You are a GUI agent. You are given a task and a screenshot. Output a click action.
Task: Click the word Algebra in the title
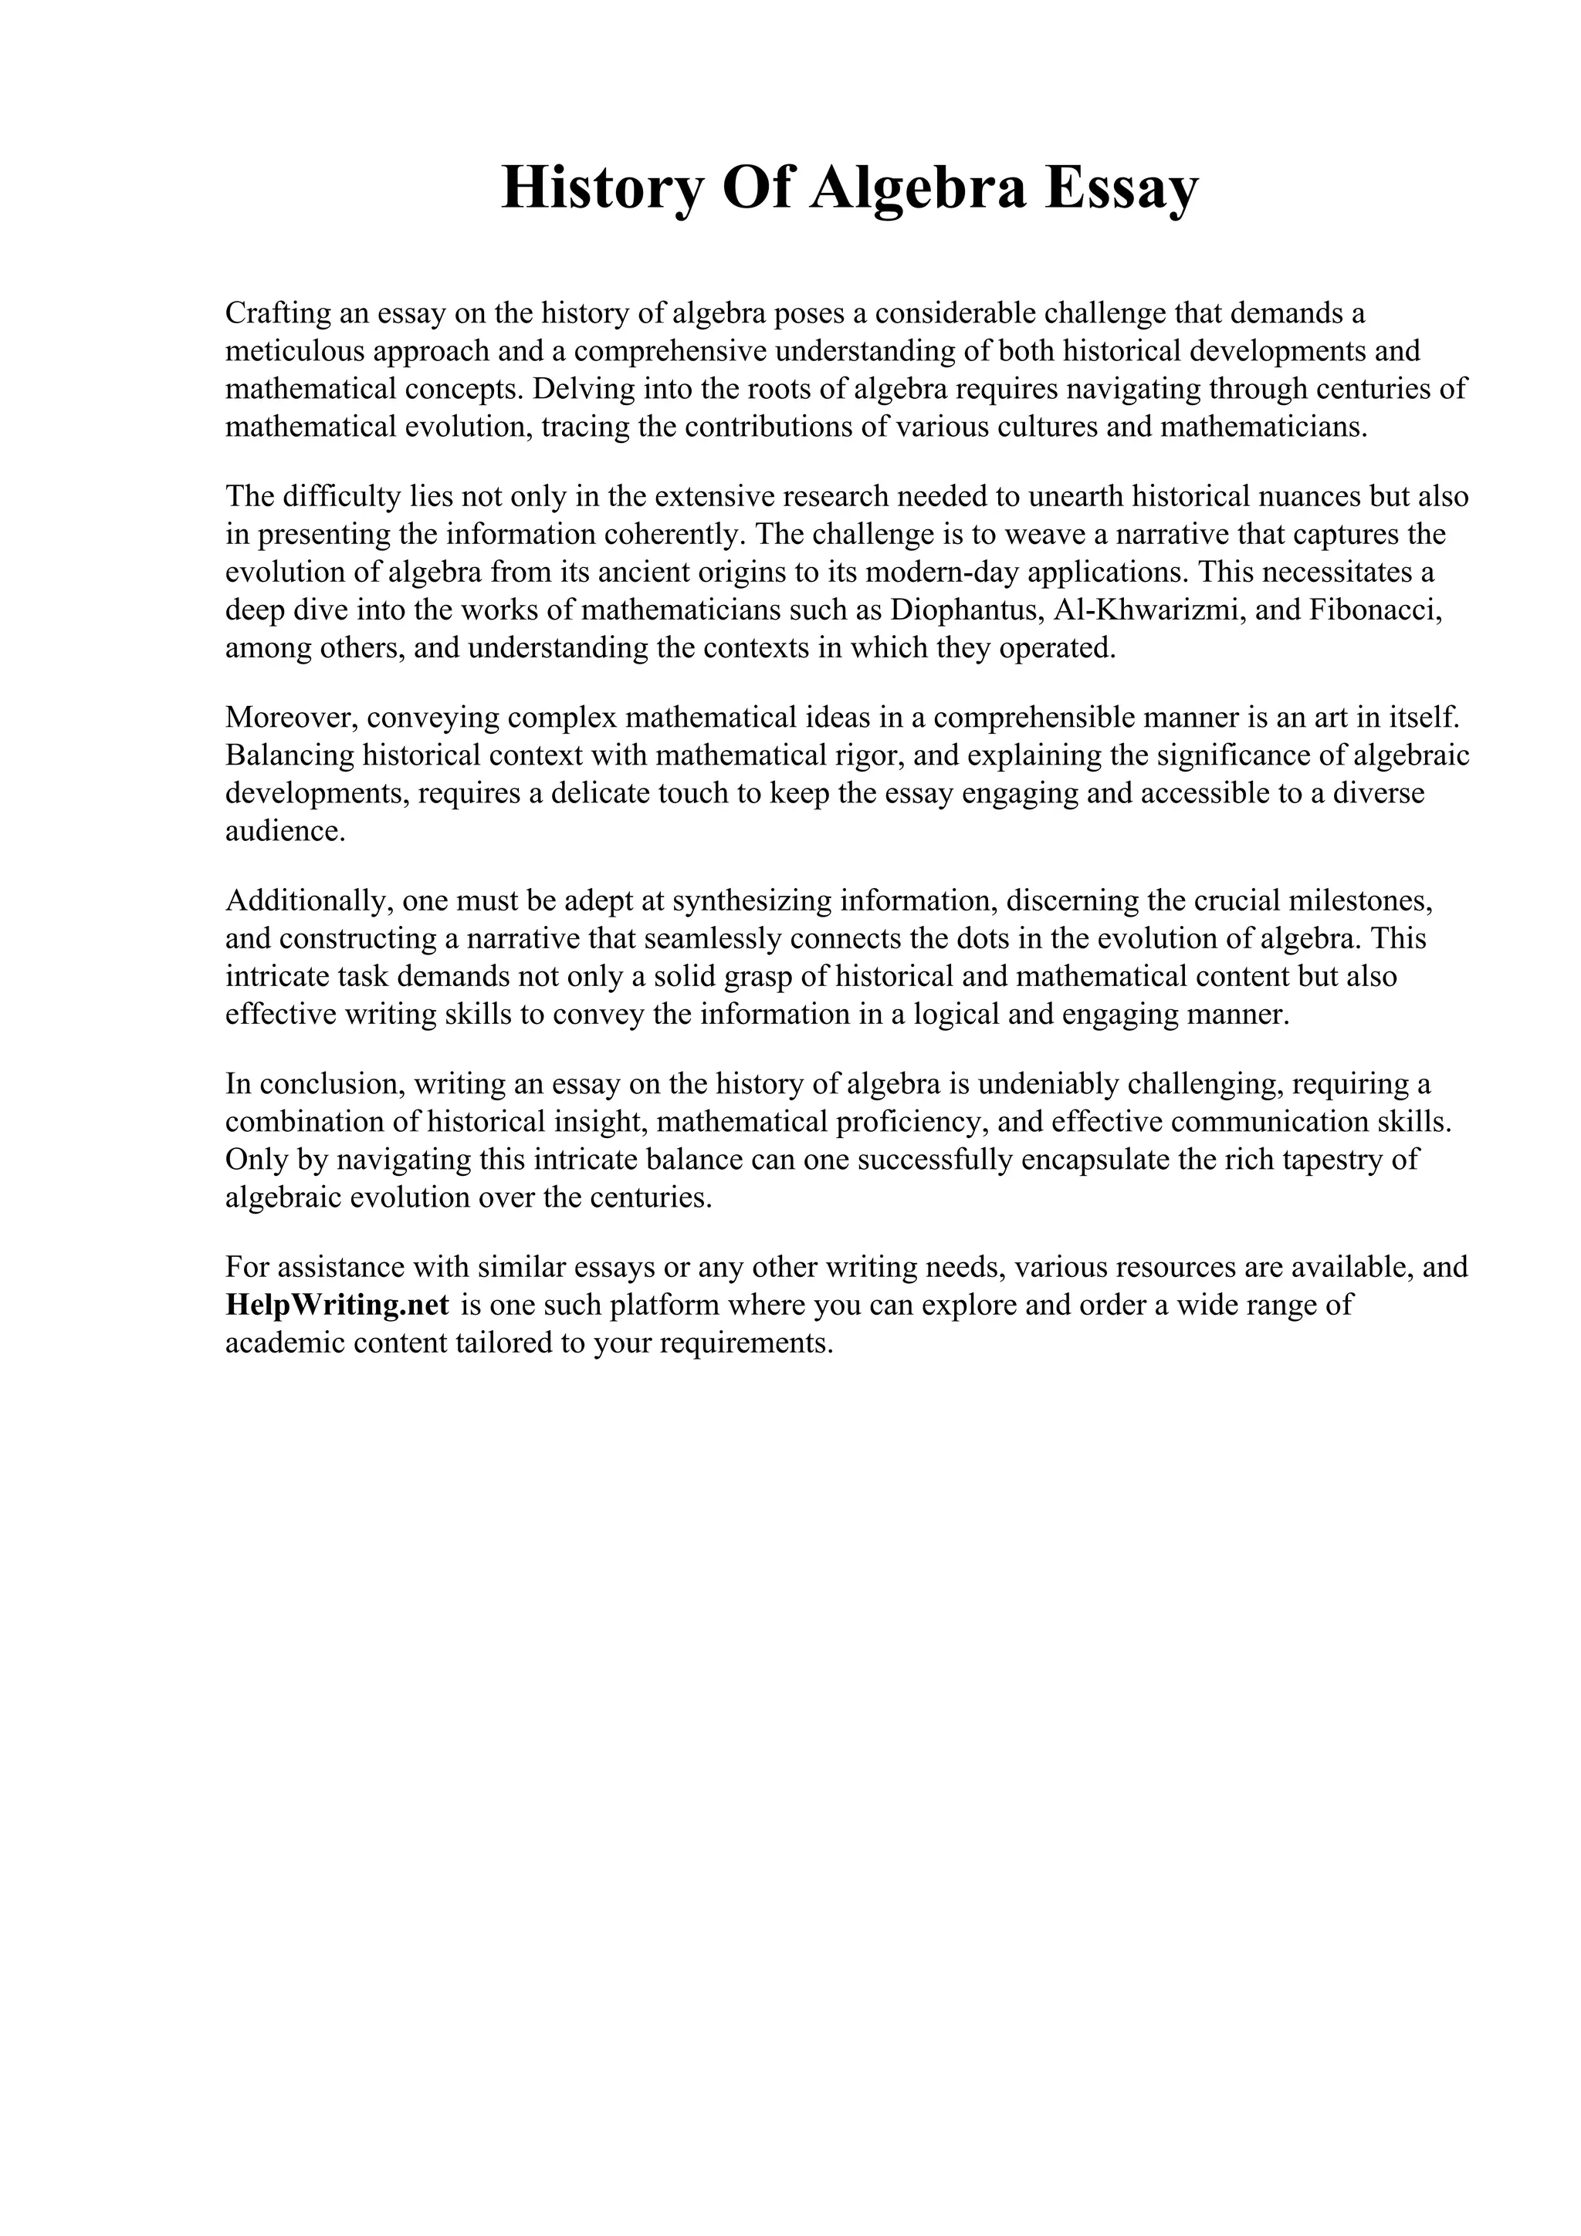tap(919, 188)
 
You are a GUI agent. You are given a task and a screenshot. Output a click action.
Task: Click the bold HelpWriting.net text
tap(337, 1304)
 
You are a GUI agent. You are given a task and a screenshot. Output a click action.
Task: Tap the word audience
tap(283, 832)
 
